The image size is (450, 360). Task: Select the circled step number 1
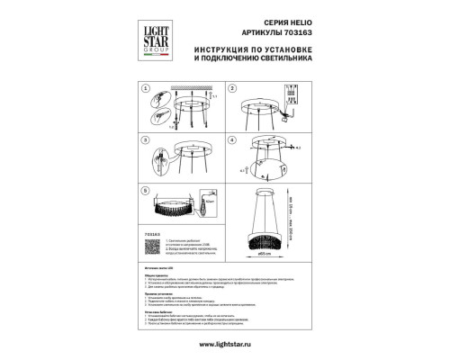coord(145,90)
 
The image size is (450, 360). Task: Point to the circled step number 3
coord(145,141)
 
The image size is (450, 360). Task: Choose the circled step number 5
coord(145,192)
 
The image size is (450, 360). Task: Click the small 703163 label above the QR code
coord(150,233)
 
